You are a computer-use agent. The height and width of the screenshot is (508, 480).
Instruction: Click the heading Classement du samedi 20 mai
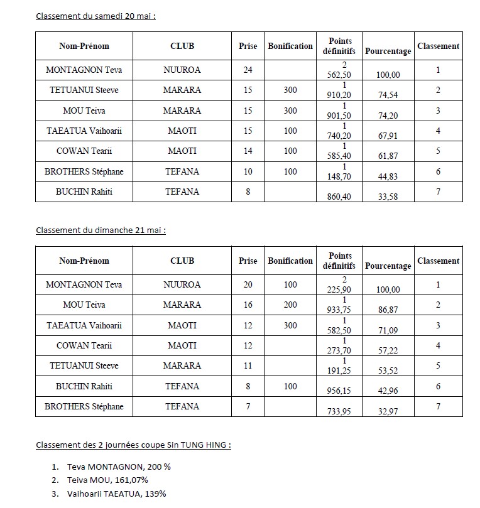[x=95, y=15]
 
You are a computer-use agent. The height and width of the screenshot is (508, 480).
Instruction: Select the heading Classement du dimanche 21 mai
[x=101, y=230]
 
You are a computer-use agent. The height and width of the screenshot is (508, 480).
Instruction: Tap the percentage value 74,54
[x=388, y=95]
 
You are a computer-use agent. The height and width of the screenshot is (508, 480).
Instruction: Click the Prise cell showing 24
[x=248, y=70]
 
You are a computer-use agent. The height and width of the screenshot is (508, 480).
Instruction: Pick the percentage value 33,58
[x=388, y=197]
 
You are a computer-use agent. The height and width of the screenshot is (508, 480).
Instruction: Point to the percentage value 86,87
[x=388, y=310]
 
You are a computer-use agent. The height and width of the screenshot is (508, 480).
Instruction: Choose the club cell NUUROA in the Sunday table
[x=182, y=284]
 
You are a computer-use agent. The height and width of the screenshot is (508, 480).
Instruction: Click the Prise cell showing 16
[x=248, y=305]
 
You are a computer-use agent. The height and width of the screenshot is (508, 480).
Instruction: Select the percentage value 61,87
[x=388, y=156]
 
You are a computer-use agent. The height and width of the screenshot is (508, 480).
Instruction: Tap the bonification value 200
[x=290, y=305]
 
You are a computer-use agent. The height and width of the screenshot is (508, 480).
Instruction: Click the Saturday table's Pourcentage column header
[x=388, y=51]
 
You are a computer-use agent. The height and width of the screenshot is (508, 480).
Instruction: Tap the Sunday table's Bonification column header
[x=290, y=261]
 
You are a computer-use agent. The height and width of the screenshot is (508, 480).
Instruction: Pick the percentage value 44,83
[x=388, y=176]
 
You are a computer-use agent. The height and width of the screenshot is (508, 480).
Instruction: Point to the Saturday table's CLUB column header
[x=182, y=46]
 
